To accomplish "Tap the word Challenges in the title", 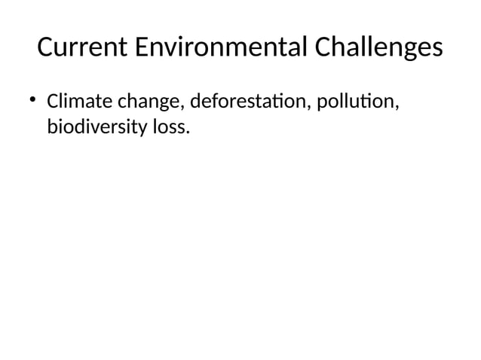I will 378,48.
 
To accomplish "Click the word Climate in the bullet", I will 78,100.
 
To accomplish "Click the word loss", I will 167,127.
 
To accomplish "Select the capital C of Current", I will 46,48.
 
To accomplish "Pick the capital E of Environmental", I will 146,48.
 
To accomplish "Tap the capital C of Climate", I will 53,100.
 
